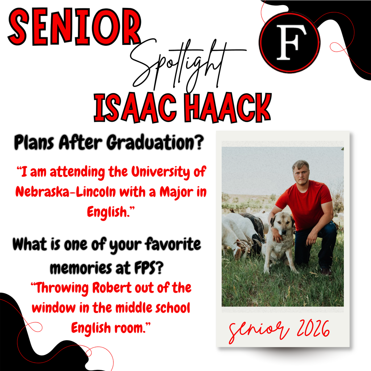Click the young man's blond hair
click(x=300, y=165)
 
